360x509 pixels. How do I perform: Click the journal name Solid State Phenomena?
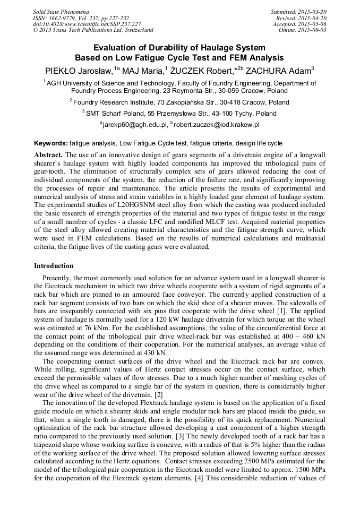61,12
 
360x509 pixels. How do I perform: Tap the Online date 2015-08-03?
313,30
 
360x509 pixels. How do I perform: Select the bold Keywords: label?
51,143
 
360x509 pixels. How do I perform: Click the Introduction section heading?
54,265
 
